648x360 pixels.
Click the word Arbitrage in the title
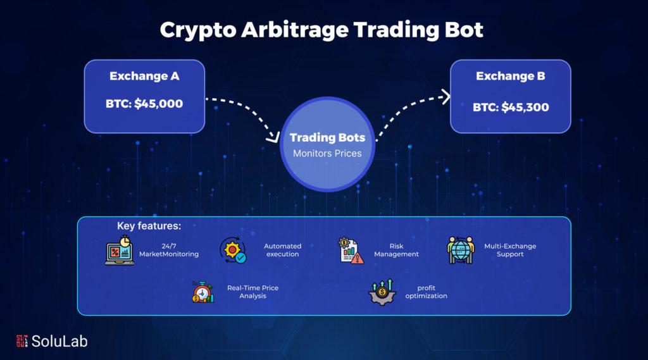tap(295, 30)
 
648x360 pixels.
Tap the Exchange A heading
tap(144, 76)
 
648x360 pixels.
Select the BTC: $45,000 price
tap(144, 103)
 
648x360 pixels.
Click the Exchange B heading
tap(511, 76)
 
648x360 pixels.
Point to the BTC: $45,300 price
tap(511, 107)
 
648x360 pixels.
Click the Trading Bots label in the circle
tap(327, 137)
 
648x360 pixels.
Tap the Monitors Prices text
tap(327, 153)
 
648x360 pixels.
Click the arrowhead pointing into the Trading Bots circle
tap(273, 137)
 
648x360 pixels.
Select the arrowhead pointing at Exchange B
tap(446, 97)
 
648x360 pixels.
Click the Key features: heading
tap(149, 226)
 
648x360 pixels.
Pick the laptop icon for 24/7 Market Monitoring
tap(120, 251)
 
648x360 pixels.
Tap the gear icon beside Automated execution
tap(233, 251)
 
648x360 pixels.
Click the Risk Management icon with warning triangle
tap(351, 251)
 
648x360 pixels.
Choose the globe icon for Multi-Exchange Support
tap(461, 250)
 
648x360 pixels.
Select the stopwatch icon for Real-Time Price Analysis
tap(203, 292)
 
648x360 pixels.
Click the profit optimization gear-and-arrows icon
tap(382, 292)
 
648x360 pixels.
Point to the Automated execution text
tap(283, 250)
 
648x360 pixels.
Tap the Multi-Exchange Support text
tap(510, 250)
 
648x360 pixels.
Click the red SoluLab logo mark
tap(22, 341)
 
